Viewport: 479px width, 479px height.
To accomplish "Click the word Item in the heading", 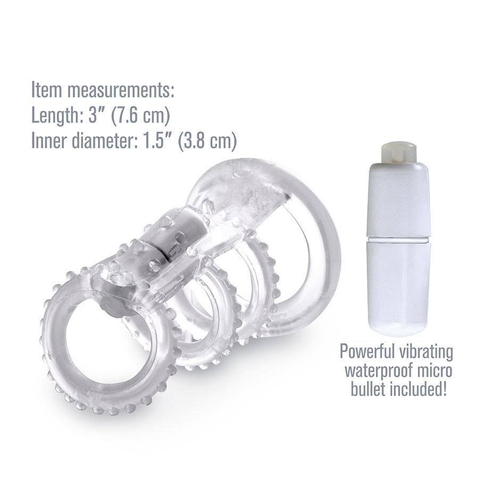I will [x=46, y=89].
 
